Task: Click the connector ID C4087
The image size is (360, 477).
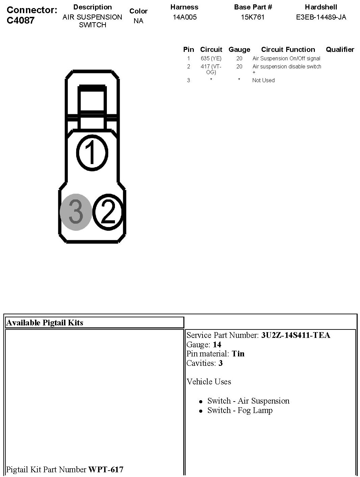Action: pyautogui.click(x=21, y=20)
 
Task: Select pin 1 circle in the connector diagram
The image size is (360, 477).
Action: pyautogui.click(x=92, y=153)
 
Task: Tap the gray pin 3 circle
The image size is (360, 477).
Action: pyautogui.click(x=76, y=212)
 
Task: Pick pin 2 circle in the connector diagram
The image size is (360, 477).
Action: pyautogui.click(x=109, y=212)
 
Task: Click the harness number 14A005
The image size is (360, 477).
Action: pyautogui.click(x=184, y=17)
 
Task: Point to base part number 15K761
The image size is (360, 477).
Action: pyautogui.click(x=253, y=17)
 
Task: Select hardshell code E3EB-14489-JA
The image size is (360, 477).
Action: pyautogui.click(x=321, y=17)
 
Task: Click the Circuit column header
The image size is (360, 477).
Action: pyautogui.click(x=211, y=50)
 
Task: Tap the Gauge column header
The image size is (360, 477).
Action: pyautogui.click(x=239, y=50)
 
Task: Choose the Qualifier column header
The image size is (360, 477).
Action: pyautogui.click(x=340, y=50)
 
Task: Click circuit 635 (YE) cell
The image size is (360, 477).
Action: pyautogui.click(x=211, y=58)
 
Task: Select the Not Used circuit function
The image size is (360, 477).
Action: pyautogui.click(x=263, y=80)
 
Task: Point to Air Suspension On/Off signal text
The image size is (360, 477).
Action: pyautogui.click(x=286, y=58)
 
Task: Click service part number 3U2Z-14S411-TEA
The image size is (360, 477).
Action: pyautogui.click(x=296, y=335)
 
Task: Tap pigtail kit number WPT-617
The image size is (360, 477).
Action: pyautogui.click(x=106, y=469)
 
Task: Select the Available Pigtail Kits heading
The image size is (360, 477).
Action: pyautogui.click(x=45, y=323)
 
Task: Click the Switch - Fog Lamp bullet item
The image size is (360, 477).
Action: pyautogui.click(x=240, y=410)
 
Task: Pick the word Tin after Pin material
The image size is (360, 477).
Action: pyautogui.click(x=238, y=354)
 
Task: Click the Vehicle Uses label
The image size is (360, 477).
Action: pyautogui.click(x=209, y=382)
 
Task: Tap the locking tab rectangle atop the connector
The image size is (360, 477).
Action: pyautogui.click(x=92, y=101)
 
